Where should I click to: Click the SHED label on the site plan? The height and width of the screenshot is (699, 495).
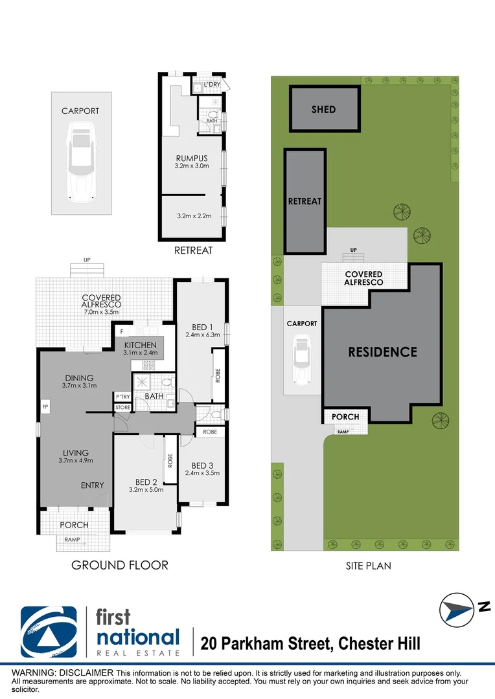pos(323,109)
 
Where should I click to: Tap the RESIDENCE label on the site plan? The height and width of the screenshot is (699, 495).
pos(382,351)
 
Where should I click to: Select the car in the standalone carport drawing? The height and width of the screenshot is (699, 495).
pos(81,162)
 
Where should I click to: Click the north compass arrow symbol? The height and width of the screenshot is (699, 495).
pos(457,610)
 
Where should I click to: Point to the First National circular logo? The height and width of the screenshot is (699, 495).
pos(49,632)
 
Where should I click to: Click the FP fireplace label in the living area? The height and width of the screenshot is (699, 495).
pos(45,406)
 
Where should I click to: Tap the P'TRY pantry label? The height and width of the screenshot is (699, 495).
pos(122,397)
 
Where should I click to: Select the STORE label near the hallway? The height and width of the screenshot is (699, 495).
pos(122,408)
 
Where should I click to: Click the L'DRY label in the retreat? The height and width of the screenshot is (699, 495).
pos(212,84)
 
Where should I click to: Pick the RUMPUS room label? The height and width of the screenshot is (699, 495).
pos(192,159)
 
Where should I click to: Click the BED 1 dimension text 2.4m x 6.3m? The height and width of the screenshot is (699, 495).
pos(203,335)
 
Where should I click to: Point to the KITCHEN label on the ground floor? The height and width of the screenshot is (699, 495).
pos(140,345)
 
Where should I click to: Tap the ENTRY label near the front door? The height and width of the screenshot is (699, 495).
pos(93,485)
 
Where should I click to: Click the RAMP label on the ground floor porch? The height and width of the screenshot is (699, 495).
pos(73,539)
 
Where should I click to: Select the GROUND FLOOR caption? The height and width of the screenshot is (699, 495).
pos(120,565)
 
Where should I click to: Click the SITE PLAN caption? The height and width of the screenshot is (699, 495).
pos(368,566)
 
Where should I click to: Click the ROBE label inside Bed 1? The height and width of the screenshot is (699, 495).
pos(218,375)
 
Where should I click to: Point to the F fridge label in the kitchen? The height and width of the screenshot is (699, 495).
pos(121,331)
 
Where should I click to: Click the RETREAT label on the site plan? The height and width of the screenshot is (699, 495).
pos(305,201)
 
